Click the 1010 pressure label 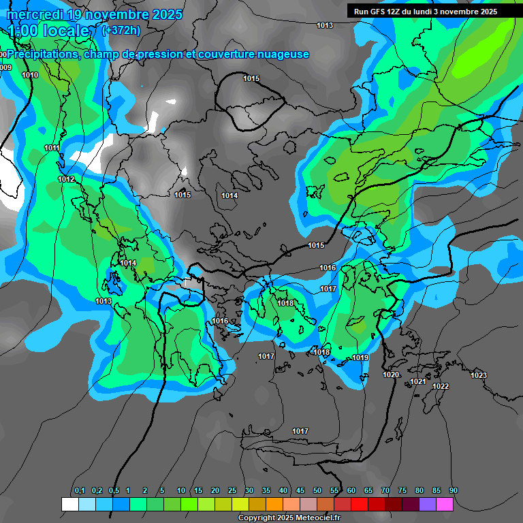pyautogui.click(x=30, y=76)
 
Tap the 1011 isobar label pyautogui.click(x=52, y=148)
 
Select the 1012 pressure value pyautogui.click(x=66, y=179)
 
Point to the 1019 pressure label pyautogui.click(x=360, y=358)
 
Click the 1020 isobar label pyautogui.click(x=391, y=375)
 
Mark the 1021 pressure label pyautogui.click(x=418, y=381)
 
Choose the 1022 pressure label pyautogui.click(x=441, y=386)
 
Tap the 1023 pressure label pyautogui.click(x=479, y=375)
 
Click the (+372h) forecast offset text pyautogui.click(x=121, y=30)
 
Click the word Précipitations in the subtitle pyautogui.click(x=42, y=54)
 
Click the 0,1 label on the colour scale pyautogui.click(x=80, y=490)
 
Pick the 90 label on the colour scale pyautogui.click(x=454, y=490)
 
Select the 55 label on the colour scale pyautogui.click(x=334, y=490)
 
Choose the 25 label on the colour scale pyautogui.click(x=232, y=490)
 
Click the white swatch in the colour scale pyautogui.click(x=69, y=504)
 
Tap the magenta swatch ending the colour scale pyautogui.click(x=445, y=504)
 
